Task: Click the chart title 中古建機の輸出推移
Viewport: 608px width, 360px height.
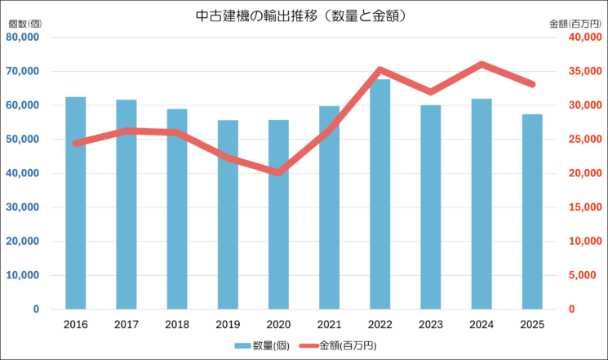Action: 303,16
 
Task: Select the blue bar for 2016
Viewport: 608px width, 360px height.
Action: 76,203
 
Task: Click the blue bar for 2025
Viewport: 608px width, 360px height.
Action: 532,211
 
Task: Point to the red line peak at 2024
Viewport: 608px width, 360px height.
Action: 482,64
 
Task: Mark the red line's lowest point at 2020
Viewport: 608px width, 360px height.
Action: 279,172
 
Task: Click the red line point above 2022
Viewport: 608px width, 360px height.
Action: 380,70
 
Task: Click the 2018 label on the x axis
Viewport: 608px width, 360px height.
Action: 177,324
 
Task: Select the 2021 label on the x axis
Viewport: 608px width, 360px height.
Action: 330,324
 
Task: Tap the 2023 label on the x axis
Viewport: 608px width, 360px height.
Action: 431,324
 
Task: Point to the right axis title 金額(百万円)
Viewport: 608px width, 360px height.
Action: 576,23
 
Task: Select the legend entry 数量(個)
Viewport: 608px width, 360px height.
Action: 257,345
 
